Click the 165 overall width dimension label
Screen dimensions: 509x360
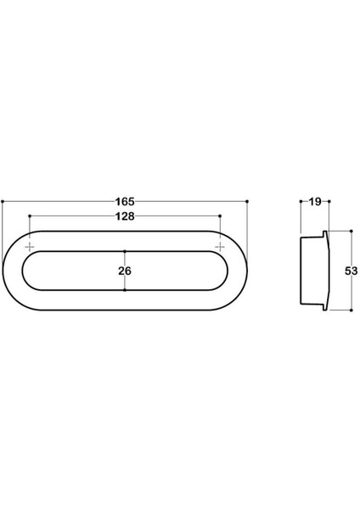coord(124,202)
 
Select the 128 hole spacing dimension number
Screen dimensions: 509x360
coord(124,216)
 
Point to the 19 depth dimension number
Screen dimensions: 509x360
coord(314,202)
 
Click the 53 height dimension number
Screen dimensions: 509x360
coord(352,271)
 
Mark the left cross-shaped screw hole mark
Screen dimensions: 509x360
coord(30,246)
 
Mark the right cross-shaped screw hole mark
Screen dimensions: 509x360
coord(220,246)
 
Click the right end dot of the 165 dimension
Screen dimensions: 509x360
coord(247,202)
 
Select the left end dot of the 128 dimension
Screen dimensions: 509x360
coord(30,216)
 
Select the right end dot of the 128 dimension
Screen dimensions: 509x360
coord(220,216)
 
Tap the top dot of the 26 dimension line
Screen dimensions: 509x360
coord(125,252)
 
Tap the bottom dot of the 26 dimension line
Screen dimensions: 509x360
coord(125,290)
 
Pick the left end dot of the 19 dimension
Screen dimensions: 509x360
coord(301,202)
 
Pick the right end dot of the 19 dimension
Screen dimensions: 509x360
coord(328,202)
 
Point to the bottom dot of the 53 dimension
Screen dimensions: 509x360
coord(351,310)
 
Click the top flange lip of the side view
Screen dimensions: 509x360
coord(324,235)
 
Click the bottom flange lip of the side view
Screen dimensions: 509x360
coord(324,306)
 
